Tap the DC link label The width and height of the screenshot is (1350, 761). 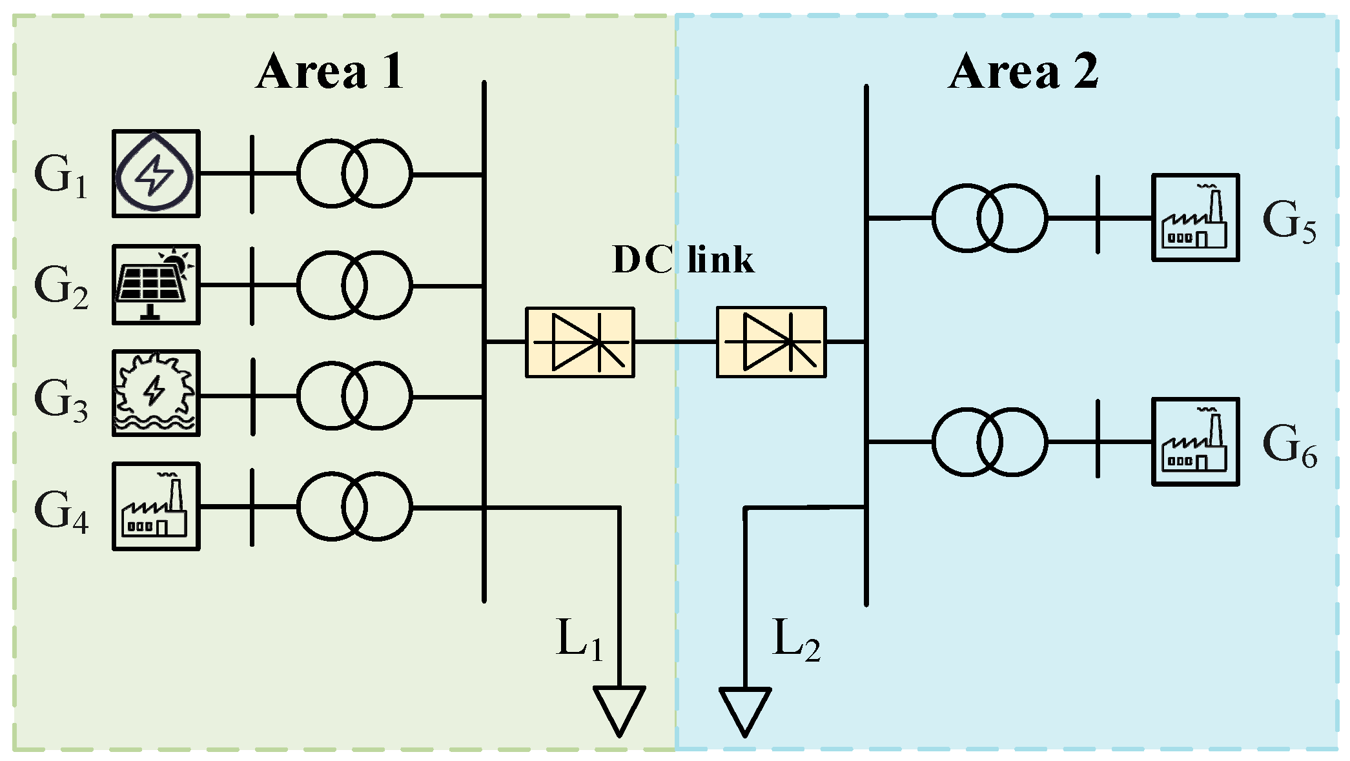683,259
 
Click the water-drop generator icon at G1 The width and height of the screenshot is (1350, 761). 156,174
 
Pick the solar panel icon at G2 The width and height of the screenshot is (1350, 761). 156,285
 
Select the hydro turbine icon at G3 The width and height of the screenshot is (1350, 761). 156,394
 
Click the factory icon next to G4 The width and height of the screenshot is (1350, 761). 156,507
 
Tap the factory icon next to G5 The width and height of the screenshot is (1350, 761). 1195,218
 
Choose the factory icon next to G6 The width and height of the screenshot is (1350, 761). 1195,441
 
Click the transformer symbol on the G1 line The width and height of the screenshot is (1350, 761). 354,174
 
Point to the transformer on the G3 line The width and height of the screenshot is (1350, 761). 354,396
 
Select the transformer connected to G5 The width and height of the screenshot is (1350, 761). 989,218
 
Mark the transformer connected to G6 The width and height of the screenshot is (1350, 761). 989,442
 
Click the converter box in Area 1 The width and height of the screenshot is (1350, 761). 580,342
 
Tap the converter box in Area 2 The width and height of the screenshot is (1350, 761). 771,342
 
